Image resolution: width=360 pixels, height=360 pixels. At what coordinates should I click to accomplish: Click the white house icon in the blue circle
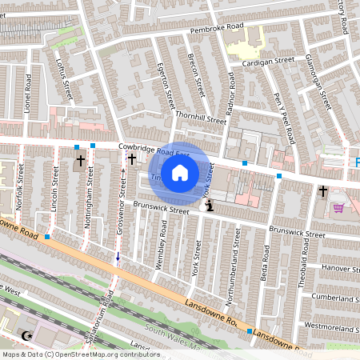pyautogui.click(x=180, y=172)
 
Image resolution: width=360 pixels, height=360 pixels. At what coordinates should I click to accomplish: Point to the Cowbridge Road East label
pyautogui.click(x=154, y=150)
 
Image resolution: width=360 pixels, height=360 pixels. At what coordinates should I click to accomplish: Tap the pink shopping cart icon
pyautogui.click(x=338, y=207)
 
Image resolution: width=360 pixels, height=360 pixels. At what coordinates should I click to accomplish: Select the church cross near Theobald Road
pyautogui.click(x=323, y=191)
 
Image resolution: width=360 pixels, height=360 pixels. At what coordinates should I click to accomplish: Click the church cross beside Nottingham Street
pyautogui.click(x=80, y=162)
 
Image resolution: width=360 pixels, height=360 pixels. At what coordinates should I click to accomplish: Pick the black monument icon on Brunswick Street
pyautogui.click(x=210, y=206)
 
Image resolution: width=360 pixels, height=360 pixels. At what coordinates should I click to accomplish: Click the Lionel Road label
pyautogui.click(x=27, y=93)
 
